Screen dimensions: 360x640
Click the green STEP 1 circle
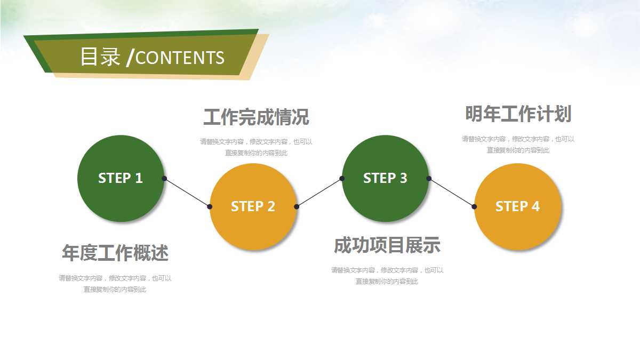coord(121,178)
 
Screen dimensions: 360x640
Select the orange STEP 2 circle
coord(253,206)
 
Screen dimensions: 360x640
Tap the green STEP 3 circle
coord(385,178)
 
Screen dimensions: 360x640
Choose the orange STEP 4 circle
coord(517,206)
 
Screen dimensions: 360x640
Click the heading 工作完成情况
coord(256,117)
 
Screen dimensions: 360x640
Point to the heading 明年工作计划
coord(518,114)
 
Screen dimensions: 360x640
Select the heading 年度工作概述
coord(115,253)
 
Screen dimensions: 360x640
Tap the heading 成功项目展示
coord(387,245)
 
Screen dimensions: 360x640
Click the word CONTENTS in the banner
coord(180,58)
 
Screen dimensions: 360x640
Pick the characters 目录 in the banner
coord(100,57)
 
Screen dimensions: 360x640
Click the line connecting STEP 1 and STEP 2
coord(187,193)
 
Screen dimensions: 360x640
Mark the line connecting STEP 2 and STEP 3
coord(319,193)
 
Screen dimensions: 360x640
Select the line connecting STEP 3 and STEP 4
coord(451,193)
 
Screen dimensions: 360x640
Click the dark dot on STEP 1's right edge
coord(164,179)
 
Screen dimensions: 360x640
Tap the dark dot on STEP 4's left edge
coord(474,206)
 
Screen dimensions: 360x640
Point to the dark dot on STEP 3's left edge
coord(342,179)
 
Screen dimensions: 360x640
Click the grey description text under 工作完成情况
coord(256,147)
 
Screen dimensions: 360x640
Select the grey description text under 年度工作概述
coord(115,284)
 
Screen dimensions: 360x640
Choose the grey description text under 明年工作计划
coord(518,145)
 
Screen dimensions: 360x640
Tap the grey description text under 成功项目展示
coord(387,276)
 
